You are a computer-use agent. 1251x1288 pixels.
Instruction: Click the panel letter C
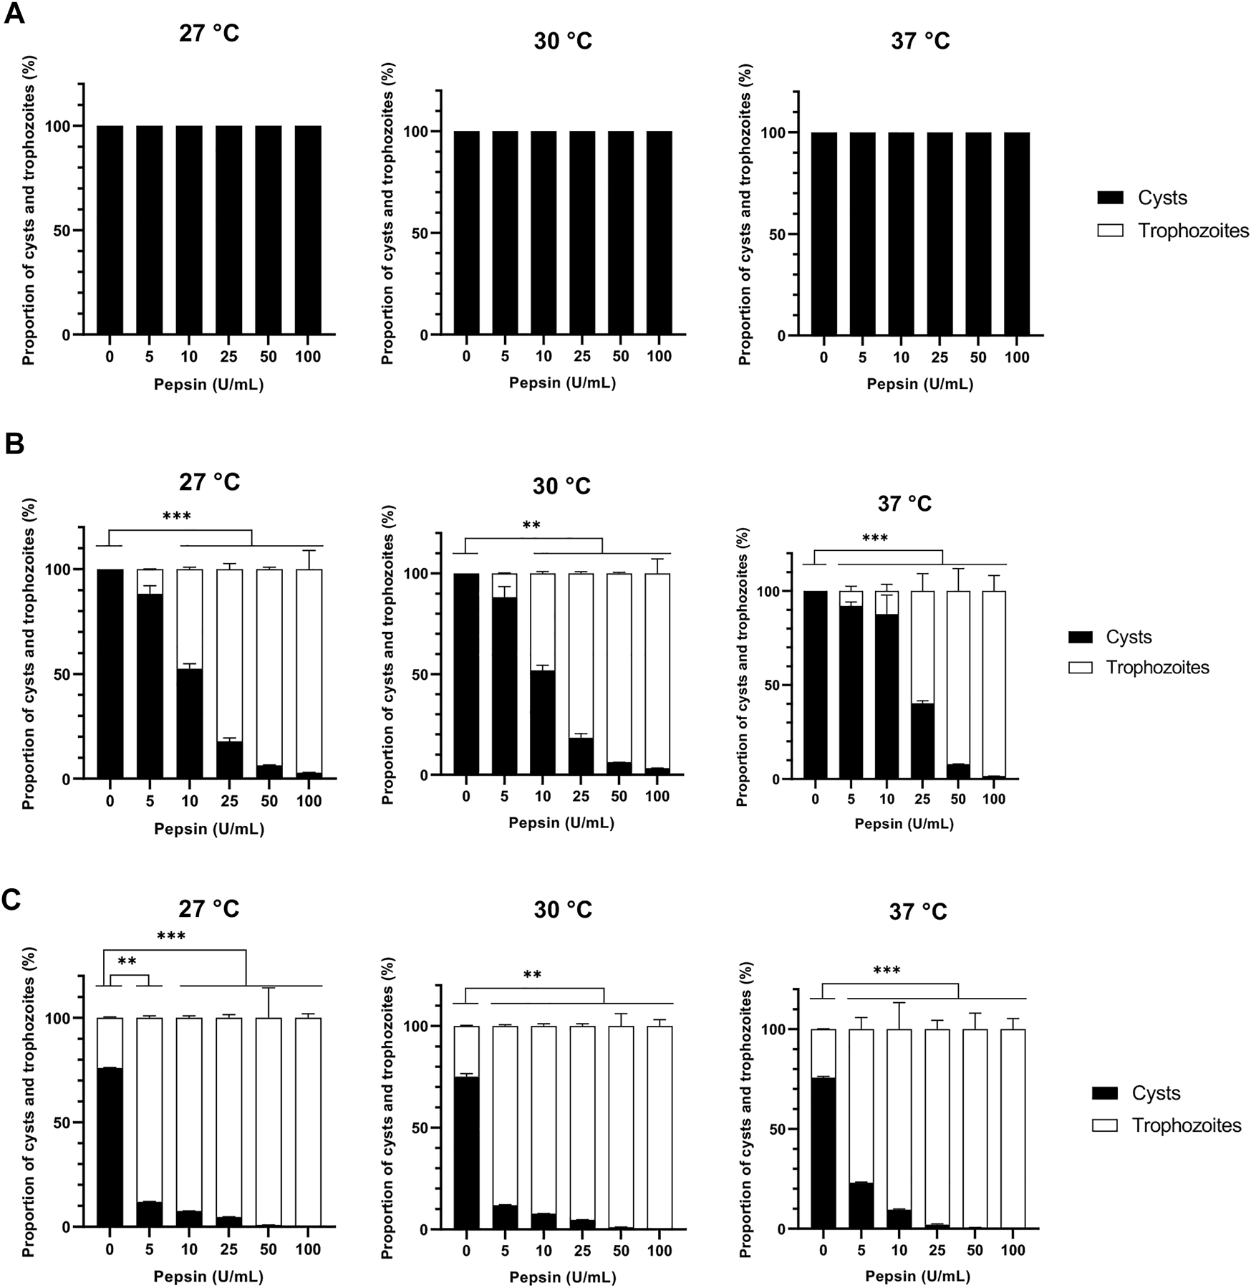click(x=12, y=900)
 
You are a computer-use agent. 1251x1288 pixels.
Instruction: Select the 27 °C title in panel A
click(x=208, y=33)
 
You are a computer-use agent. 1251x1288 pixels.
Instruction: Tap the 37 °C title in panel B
click(x=904, y=504)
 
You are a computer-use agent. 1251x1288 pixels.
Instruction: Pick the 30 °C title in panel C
click(x=562, y=910)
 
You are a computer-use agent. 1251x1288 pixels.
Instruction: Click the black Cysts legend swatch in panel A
click(x=1110, y=198)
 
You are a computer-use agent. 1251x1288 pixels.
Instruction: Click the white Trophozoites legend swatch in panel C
click(x=1105, y=1125)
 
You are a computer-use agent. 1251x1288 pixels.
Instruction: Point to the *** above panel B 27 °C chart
click(x=176, y=516)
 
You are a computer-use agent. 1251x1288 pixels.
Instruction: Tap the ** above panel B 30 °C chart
click(x=531, y=526)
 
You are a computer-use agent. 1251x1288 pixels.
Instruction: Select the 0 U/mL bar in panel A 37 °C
click(x=823, y=234)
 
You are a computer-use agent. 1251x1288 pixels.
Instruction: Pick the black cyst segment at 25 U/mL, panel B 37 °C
click(x=922, y=741)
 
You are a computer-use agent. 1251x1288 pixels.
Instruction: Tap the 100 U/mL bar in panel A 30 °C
click(x=659, y=233)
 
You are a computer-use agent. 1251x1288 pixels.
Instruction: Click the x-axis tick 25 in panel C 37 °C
click(x=937, y=1250)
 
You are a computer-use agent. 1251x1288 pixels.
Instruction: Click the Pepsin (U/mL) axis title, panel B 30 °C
click(x=561, y=823)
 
